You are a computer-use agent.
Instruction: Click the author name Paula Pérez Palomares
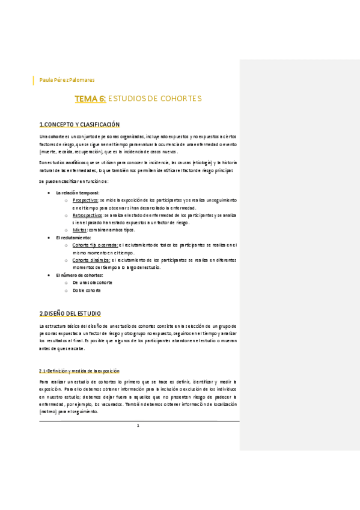pyautogui.click(x=67, y=80)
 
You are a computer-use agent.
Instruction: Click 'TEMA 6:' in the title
pyautogui.click(x=90, y=98)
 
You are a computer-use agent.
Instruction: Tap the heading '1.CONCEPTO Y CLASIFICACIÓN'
pyautogui.click(x=79, y=124)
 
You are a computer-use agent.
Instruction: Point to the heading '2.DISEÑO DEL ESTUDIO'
pyautogui.click(x=70, y=313)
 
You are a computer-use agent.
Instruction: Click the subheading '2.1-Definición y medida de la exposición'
pyautogui.click(x=79, y=371)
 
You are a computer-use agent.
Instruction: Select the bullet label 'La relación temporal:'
pyautogui.click(x=78, y=192)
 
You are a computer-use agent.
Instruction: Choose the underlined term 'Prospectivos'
pyautogui.click(x=85, y=200)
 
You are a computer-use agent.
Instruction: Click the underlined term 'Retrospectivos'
pyautogui.click(x=88, y=215)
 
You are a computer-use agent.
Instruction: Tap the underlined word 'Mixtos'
pyautogui.click(x=79, y=230)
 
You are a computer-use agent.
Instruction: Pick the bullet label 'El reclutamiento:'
pyautogui.click(x=73, y=238)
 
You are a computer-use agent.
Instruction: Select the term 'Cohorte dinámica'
pyautogui.click(x=91, y=260)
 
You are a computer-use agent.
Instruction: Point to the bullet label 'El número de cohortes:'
pyautogui.click(x=80, y=275)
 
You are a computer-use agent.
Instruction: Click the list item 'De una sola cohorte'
pyautogui.click(x=93, y=282)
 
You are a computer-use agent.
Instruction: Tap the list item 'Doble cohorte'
pyautogui.click(x=87, y=290)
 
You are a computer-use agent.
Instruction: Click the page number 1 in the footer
pyautogui.click(x=138, y=426)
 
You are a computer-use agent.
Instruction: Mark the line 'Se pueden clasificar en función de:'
pyautogui.click(x=73, y=181)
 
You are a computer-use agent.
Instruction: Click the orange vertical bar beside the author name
pyautogui.click(x=34, y=80)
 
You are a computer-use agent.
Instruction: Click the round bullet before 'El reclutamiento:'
pyautogui.click(x=48, y=238)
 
